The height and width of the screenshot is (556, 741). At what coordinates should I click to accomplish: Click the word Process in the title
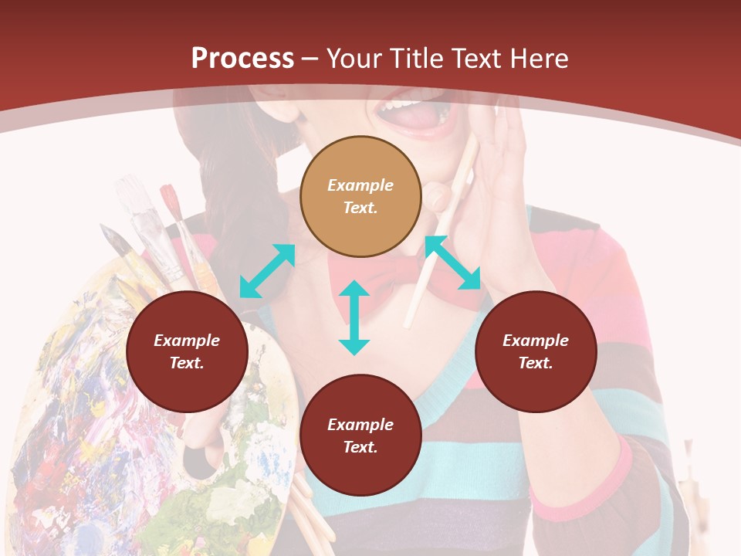[x=242, y=58]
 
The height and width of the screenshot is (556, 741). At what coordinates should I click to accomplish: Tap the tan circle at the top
[x=360, y=196]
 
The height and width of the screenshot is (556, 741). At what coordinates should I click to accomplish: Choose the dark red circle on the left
[x=187, y=351]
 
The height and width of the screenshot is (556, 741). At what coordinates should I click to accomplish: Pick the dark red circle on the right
[x=536, y=351]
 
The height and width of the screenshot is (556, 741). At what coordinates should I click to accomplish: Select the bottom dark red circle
[x=360, y=436]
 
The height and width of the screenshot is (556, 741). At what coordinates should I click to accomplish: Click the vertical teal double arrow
[x=354, y=317]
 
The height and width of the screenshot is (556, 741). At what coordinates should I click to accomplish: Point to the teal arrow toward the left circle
[x=267, y=271]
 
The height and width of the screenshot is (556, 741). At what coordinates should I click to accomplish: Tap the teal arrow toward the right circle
[x=453, y=263]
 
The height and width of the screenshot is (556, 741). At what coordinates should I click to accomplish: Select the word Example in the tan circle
[x=360, y=185]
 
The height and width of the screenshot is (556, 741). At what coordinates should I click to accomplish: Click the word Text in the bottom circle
[x=360, y=447]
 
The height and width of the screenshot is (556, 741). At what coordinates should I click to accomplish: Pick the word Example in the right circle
[x=536, y=341]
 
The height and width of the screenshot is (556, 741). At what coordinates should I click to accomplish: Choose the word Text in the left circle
[x=187, y=363]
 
